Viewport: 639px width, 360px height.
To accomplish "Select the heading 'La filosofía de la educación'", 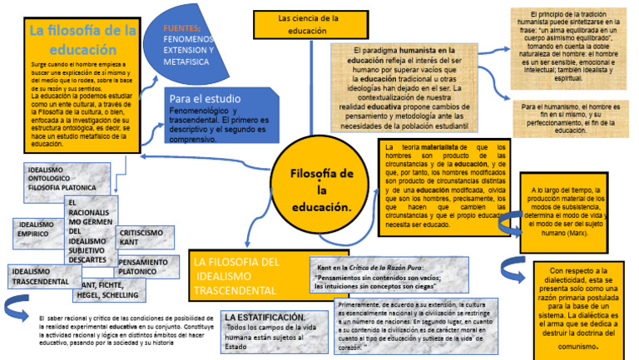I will click(x=82, y=40).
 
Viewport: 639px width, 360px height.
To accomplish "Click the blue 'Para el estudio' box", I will click(x=208, y=116).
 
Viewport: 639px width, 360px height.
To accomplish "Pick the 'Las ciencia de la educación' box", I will click(x=308, y=24).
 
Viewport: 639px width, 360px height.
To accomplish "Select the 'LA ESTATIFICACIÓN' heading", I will click(x=265, y=318).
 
